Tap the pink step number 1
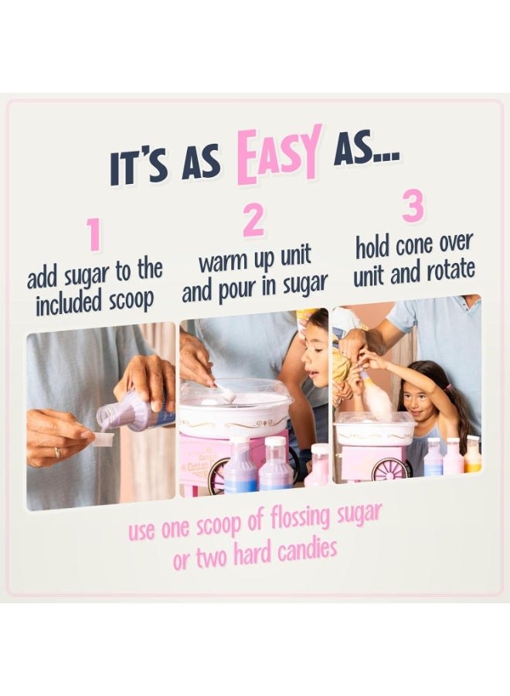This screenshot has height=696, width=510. pos(93,235)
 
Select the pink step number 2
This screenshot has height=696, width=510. pos(253,221)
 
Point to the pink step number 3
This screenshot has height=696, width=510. pos(413,207)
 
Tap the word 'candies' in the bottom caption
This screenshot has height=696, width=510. pos(309,550)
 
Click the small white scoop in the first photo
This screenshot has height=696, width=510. pos(102,438)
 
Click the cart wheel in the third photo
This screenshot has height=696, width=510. pos(389,469)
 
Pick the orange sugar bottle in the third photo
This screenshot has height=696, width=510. pos(472,456)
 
